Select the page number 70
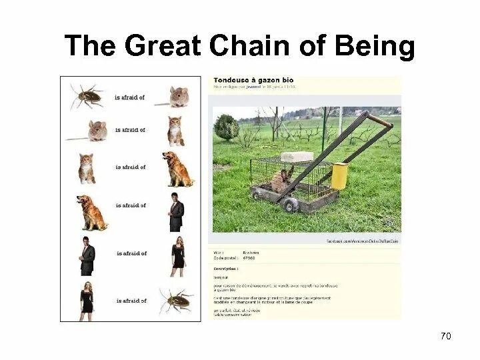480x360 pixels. point(446,335)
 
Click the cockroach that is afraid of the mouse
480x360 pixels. point(87,96)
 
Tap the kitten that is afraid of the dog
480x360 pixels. point(87,167)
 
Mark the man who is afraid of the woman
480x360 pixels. point(87,255)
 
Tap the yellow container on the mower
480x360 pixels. point(340,175)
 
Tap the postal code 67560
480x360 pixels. point(249,258)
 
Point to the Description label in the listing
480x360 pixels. point(226,269)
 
